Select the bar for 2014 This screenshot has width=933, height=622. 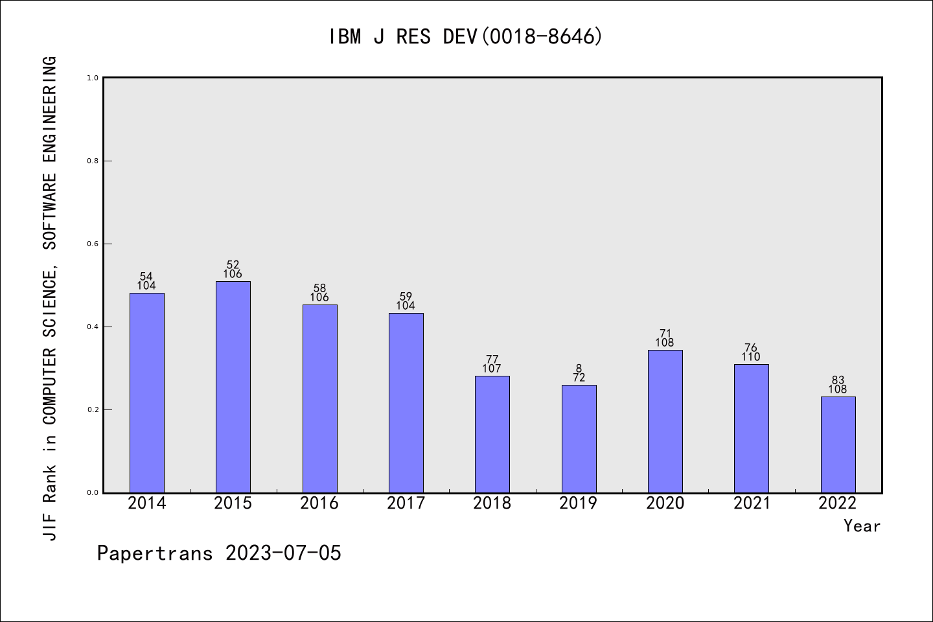point(147,393)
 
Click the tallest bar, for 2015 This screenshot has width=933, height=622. point(233,387)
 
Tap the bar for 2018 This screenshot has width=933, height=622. point(492,434)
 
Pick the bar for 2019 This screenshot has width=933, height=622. point(579,439)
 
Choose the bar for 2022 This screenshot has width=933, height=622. point(838,444)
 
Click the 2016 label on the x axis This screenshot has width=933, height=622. point(319,503)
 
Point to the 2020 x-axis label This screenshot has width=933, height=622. point(665,503)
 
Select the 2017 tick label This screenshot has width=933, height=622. point(406,503)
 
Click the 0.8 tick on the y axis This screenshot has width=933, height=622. point(93,161)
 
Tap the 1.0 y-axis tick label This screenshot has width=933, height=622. point(93,78)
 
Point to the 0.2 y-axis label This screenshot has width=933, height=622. point(93,409)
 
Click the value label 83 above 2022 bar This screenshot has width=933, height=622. point(838,380)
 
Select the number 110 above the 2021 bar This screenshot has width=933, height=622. point(751,357)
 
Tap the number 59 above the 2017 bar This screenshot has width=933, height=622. point(406,297)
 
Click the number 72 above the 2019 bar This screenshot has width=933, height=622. point(579,378)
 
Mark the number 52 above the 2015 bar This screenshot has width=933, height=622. point(233,265)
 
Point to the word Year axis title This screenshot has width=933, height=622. point(862,526)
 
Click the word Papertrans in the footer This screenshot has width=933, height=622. point(155,553)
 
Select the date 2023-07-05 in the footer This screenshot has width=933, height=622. point(283,553)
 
